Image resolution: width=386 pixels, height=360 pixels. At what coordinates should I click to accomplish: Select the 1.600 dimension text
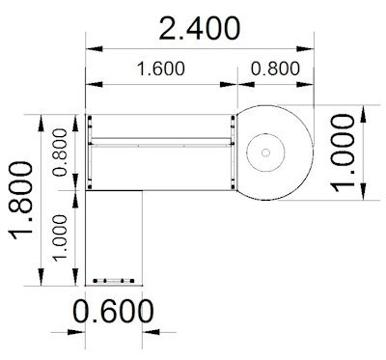tap(159, 69)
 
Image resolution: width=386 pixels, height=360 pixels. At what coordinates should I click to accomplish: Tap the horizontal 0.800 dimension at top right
tap(275, 69)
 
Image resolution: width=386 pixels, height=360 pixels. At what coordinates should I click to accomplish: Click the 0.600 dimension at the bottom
tap(114, 312)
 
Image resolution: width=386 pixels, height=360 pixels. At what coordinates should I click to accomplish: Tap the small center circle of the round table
tap(268, 152)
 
